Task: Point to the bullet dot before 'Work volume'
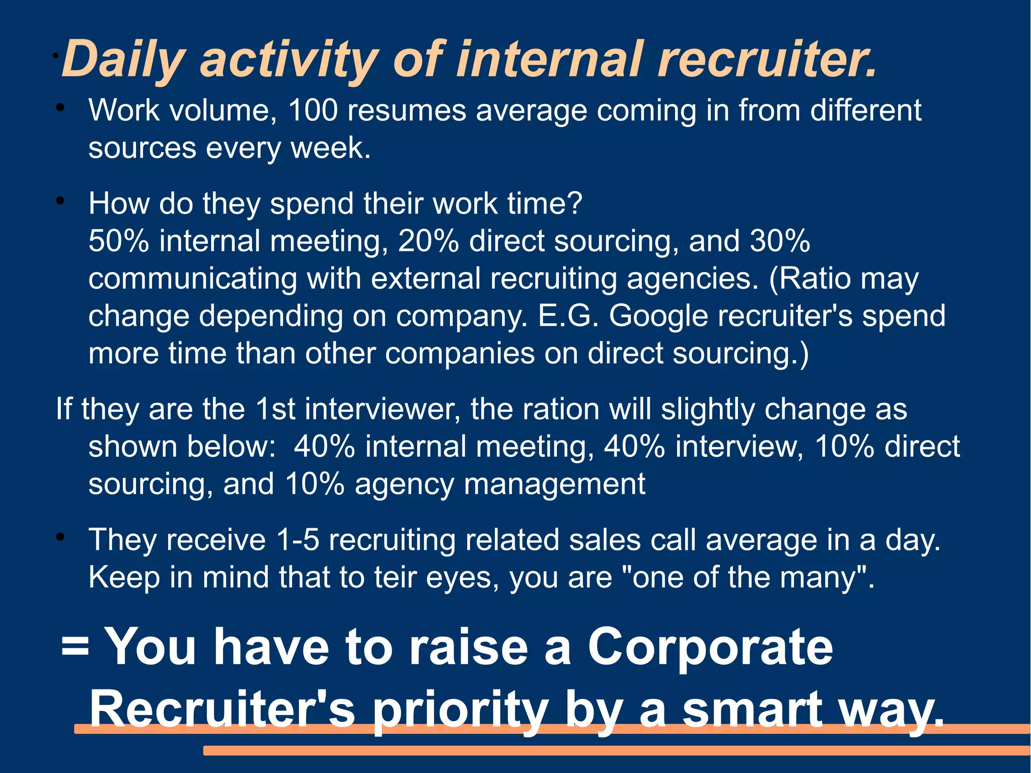tap(60, 108)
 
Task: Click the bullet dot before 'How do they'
tap(60, 201)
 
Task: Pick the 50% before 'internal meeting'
tap(119, 241)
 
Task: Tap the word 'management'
tap(554, 484)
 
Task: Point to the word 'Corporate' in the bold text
tap(710, 647)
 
